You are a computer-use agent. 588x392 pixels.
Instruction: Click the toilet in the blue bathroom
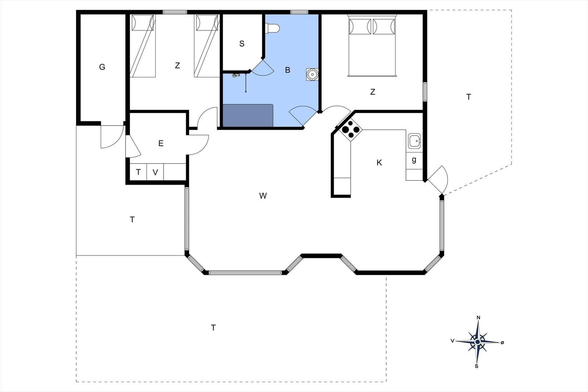tap(272, 28)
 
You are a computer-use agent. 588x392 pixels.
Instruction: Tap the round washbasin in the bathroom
tap(312, 74)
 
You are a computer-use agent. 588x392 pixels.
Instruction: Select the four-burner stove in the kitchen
tap(351, 130)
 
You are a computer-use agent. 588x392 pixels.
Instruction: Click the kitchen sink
tap(414, 141)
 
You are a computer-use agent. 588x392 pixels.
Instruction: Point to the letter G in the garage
tap(102, 67)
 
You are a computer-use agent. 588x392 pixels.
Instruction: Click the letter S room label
tap(242, 44)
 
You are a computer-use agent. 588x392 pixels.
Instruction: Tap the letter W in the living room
tap(263, 196)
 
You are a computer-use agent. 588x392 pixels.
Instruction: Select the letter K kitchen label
tap(379, 163)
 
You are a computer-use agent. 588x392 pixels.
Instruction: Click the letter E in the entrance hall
tap(161, 143)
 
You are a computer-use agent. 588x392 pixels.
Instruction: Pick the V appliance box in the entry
tap(155, 172)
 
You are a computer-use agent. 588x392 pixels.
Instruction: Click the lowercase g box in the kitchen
tap(414, 161)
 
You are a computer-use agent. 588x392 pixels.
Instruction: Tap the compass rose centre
tap(477, 342)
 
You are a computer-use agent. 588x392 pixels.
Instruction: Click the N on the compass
tap(478, 318)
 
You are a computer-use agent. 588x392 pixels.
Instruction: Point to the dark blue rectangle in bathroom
tap(248, 115)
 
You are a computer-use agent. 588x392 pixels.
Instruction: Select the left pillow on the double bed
tap(360, 26)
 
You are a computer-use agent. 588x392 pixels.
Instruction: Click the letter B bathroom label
tap(288, 70)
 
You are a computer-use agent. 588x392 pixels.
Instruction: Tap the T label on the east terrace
tap(469, 97)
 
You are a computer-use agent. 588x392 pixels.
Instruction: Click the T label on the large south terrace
tap(214, 328)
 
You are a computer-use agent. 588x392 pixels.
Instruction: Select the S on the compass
tap(476, 366)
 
